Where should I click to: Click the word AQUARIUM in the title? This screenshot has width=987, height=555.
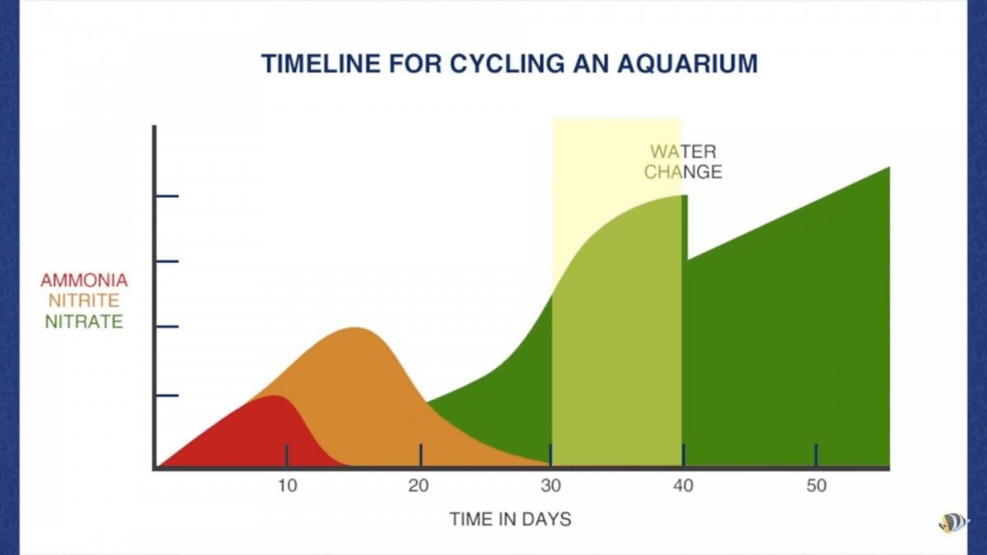click(688, 63)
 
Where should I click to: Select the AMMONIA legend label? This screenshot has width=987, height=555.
click(84, 280)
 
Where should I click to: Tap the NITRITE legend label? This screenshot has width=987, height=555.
click(84, 301)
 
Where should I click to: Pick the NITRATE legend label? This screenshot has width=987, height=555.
click(84, 322)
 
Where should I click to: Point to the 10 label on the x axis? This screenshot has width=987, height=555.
click(288, 486)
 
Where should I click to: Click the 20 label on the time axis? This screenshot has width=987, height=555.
click(419, 486)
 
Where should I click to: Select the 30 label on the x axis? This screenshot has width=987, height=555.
click(551, 486)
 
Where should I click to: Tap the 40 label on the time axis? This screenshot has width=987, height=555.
click(683, 486)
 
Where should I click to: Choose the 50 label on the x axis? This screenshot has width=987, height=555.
click(817, 486)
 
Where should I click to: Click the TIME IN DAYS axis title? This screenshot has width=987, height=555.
click(510, 520)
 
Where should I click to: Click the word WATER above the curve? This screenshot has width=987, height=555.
click(683, 152)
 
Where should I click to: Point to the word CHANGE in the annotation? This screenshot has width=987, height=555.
click(683, 172)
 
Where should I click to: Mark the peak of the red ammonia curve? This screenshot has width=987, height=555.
click(274, 395)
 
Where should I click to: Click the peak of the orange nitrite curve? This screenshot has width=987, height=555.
click(354, 328)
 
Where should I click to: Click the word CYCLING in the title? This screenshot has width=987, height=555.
click(507, 63)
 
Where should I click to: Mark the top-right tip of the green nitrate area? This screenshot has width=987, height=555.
click(890, 167)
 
